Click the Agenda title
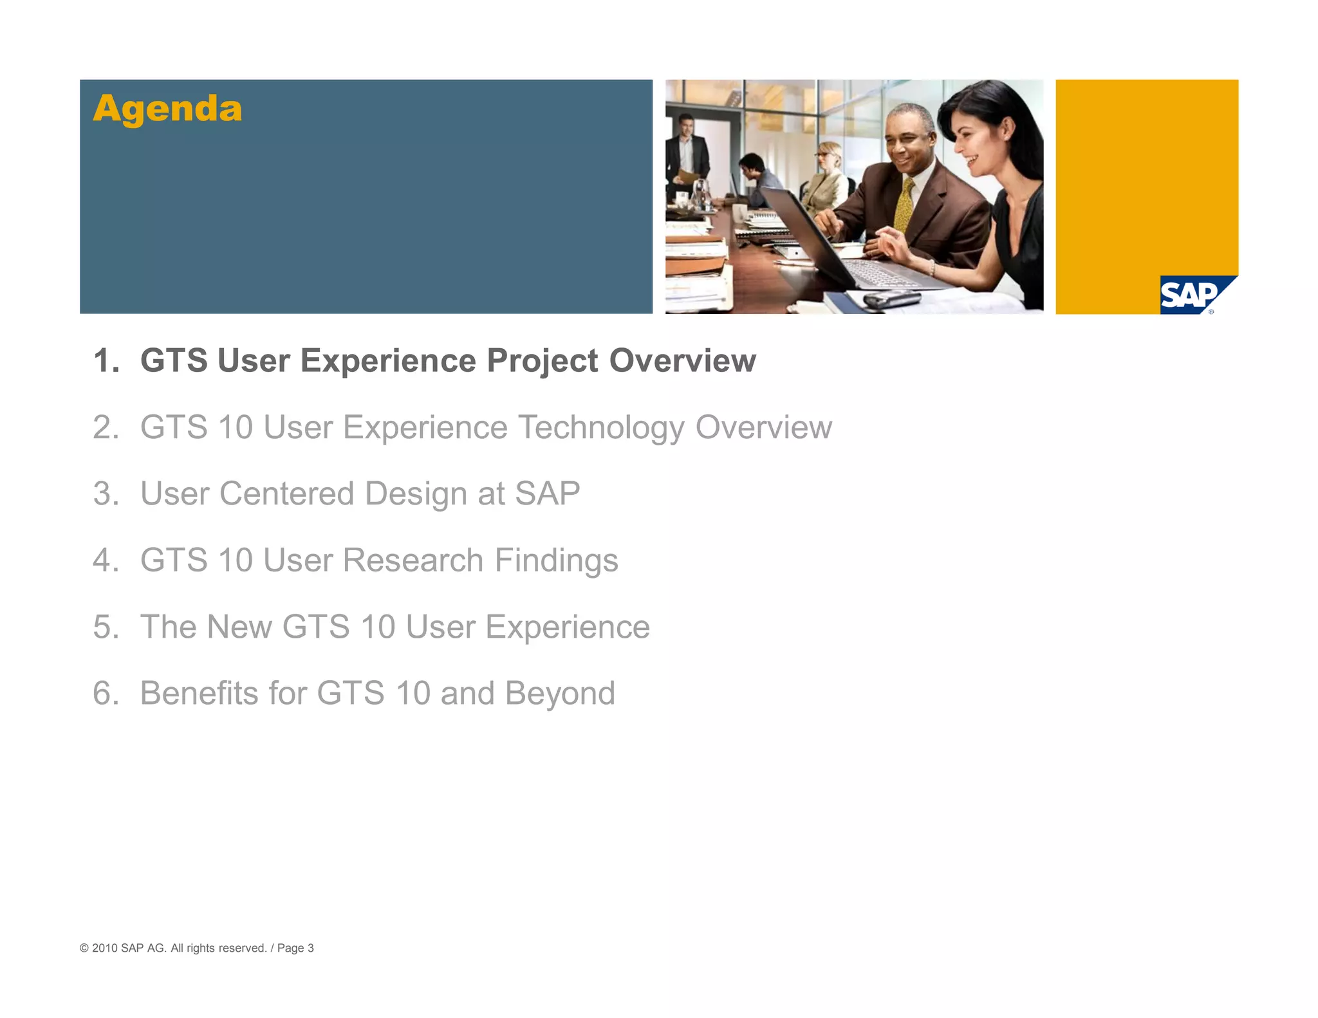click(167, 109)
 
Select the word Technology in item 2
click(601, 427)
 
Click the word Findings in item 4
click(556, 560)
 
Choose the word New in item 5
click(239, 627)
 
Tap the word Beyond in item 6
click(560, 693)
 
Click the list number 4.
click(105, 560)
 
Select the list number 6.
click(105, 693)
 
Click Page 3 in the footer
click(295, 948)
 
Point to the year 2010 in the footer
click(104, 948)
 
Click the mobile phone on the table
click(891, 299)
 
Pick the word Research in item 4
click(413, 560)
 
